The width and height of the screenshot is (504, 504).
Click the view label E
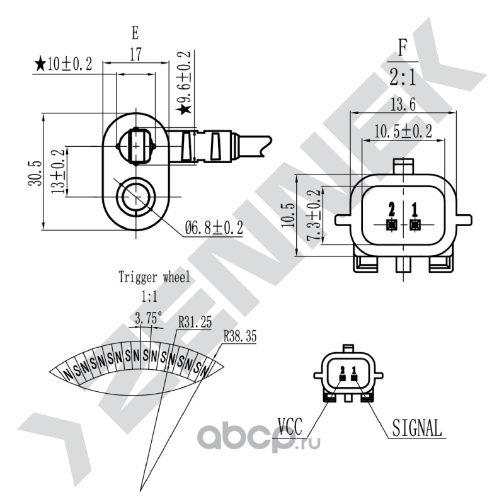coord(135,33)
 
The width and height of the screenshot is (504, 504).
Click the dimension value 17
coord(135,54)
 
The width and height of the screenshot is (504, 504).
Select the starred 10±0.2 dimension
coord(64,64)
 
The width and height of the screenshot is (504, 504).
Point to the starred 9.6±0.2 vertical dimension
coord(185,83)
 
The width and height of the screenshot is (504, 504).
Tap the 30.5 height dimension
coord(35,173)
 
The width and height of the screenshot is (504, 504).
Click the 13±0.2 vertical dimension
coord(58,171)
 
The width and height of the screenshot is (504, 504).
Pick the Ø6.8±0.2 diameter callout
coord(214,228)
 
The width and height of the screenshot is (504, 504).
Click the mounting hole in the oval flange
coord(135,197)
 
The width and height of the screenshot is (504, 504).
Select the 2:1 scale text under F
coord(403,77)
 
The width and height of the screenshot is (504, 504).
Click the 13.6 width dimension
coord(403,105)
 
